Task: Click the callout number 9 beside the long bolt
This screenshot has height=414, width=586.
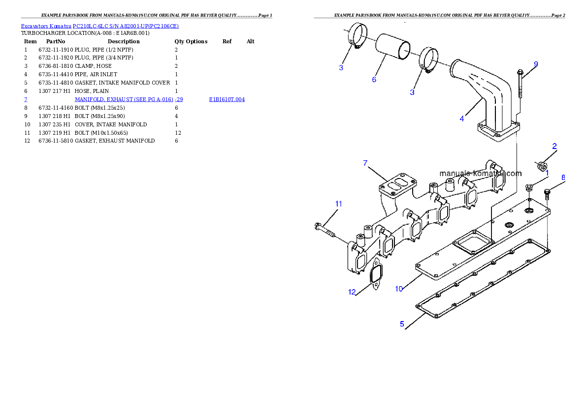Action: [536, 64]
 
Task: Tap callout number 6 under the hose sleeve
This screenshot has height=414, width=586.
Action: [374, 79]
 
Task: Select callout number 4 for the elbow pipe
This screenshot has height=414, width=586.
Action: [461, 118]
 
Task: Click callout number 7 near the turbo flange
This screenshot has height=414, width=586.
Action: [365, 163]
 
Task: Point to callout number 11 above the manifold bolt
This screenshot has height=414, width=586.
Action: [338, 204]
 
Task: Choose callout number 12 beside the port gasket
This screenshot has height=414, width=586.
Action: [352, 292]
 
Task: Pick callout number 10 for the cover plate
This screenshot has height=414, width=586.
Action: [399, 289]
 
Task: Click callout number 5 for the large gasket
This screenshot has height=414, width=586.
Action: [402, 324]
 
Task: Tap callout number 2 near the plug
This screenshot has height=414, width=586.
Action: [554, 146]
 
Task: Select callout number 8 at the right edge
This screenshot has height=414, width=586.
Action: [563, 177]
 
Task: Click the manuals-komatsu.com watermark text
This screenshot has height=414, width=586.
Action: [480, 173]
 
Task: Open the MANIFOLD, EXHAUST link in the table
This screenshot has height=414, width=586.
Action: [129, 99]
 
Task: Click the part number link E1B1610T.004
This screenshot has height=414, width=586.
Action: [227, 99]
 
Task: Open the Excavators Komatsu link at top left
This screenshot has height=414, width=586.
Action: [99, 26]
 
